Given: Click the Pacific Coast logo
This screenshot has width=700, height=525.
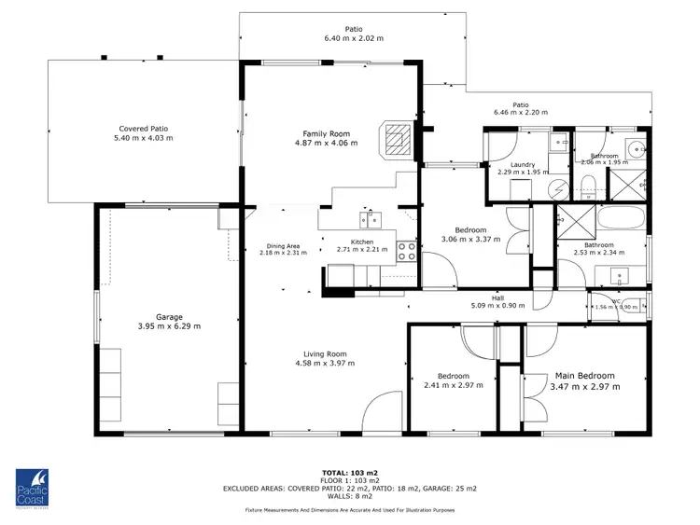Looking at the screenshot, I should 36,489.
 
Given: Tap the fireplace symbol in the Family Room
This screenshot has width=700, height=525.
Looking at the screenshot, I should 397,138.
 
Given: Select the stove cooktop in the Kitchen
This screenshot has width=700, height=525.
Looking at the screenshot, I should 407,250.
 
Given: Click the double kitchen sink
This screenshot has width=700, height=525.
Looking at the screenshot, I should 369,220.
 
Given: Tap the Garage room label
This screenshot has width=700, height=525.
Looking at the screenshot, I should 144,317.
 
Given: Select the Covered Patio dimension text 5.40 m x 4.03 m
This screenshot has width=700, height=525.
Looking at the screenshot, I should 143,138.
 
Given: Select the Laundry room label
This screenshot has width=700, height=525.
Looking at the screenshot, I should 511,164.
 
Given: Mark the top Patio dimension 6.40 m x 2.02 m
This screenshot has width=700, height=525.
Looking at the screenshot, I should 353,38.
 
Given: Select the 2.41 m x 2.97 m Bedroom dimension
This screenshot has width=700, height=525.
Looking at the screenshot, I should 451,385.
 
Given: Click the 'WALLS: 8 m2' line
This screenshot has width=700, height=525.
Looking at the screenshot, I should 349,496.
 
